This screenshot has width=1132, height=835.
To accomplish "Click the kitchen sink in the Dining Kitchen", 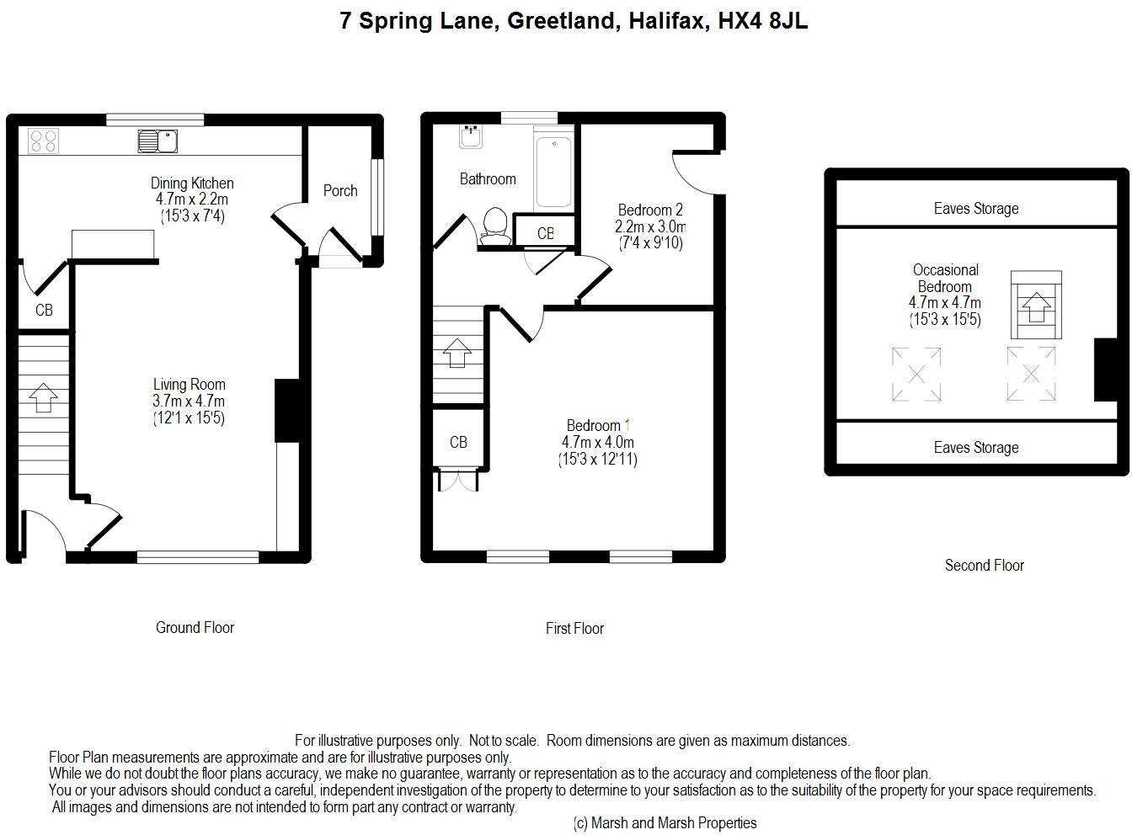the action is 158,141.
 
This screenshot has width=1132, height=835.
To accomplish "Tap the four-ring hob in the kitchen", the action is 43,141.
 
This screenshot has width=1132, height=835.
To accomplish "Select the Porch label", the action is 340,191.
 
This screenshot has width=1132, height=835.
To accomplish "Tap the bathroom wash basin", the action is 471,136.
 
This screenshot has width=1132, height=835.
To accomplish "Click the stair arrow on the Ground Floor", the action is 44,397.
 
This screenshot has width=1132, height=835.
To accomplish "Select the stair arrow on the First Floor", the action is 457,353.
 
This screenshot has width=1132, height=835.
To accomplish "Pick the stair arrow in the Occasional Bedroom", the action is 1036,307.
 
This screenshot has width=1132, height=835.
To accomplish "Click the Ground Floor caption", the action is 195,627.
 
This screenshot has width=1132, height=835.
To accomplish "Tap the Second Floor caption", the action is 984,565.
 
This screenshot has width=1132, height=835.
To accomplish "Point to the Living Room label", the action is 190,384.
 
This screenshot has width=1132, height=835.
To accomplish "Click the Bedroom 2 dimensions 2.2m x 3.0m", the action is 650,226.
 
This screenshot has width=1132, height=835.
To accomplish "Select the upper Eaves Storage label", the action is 976,208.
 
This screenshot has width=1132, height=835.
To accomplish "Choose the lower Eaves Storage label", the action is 976,447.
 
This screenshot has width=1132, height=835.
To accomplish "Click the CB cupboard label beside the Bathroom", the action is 546,234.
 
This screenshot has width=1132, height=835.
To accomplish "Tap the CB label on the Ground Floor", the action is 44,310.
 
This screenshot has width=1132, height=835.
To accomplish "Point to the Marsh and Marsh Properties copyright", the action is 665,822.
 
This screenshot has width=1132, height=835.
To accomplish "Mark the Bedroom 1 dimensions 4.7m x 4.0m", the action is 598,442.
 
